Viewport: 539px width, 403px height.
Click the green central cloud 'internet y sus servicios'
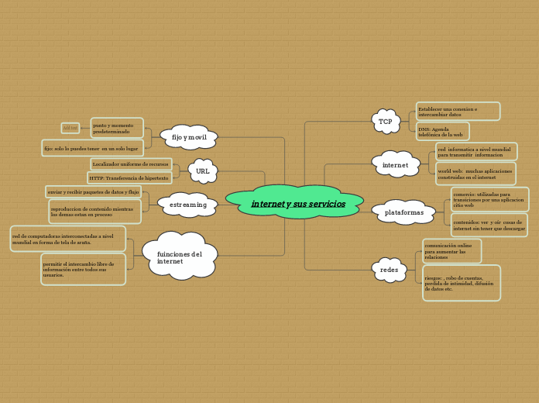click(x=297, y=203)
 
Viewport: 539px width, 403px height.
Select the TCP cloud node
click(x=386, y=122)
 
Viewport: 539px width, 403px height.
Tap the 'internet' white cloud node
click(x=395, y=165)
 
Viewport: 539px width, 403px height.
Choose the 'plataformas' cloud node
click(x=403, y=212)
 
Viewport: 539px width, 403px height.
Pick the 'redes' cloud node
click(x=389, y=270)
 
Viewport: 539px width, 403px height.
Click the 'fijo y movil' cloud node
click(x=189, y=137)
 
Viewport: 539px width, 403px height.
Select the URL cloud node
click(x=203, y=171)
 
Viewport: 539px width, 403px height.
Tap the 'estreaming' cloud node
click(x=188, y=205)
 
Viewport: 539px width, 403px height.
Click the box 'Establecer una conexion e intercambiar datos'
click(x=458, y=112)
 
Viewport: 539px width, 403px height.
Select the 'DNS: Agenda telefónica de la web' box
click(x=442, y=132)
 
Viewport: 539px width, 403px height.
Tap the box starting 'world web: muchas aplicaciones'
click(x=475, y=174)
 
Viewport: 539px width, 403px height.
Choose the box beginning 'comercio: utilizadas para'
click(x=489, y=199)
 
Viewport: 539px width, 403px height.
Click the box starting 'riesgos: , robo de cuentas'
click(x=461, y=283)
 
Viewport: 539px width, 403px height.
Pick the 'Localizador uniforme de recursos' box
click(x=130, y=164)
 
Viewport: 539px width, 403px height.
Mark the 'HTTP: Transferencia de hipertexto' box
click(x=129, y=178)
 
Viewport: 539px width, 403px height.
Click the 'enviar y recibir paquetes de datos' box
click(x=93, y=191)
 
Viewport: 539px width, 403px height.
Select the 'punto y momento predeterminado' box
click(x=116, y=128)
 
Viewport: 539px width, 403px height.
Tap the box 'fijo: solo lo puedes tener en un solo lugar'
click(x=91, y=148)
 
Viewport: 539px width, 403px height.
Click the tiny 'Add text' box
click(x=70, y=128)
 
